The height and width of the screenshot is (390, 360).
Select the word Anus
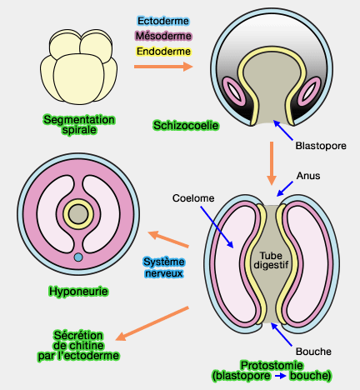(307, 176)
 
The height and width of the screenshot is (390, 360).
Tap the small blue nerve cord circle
(77, 257)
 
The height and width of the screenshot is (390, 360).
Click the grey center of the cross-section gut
(77, 214)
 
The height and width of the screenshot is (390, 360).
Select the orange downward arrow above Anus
(271, 163)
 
